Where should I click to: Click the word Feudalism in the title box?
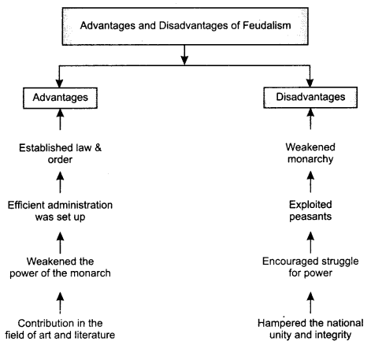point(266,25)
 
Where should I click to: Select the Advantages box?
point(60,98)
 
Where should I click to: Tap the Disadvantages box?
point(310,98)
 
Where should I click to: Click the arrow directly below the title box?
point(184,55)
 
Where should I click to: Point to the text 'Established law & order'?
point(60,154)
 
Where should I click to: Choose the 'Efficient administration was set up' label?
point(60,211)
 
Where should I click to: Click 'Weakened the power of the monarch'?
point(60,267)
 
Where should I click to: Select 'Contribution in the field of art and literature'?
point(60,329)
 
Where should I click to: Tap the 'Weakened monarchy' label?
point(310,153)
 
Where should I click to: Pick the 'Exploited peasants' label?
point(310,210)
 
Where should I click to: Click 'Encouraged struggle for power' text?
point(310,267)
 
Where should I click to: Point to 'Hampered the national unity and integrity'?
point(310,328)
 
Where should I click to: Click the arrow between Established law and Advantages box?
point(60,120)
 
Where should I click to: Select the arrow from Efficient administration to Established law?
point(60,182)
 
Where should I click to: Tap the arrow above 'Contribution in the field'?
point(60,302)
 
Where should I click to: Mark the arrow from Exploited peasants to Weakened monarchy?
point(310,182)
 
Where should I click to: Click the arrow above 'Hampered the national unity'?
point(310,302)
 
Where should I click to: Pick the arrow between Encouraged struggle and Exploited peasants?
point(310,243)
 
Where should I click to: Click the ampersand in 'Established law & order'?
point(98,148)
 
